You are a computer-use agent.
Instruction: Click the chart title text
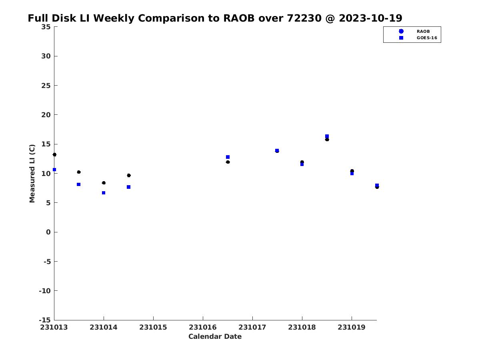point(215,18)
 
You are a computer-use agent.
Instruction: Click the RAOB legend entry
point(423,31)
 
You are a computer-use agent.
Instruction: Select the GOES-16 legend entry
point(426,38)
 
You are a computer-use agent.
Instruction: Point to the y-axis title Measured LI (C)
point(32,173)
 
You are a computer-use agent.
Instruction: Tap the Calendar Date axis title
point(215,336)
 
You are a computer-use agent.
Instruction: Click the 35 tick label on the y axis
point(46,27)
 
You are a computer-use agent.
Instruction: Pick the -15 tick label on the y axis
point(44,320)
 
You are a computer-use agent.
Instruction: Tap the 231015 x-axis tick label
point(153,327)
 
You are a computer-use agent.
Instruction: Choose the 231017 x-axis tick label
point(252,327)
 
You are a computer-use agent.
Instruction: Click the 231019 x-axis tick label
point(352,327)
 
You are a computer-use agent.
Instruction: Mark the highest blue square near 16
point(327,136)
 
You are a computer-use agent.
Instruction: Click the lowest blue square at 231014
point(104,193)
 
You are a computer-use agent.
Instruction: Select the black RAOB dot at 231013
point(54,154)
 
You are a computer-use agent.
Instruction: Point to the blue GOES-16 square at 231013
point(54,170)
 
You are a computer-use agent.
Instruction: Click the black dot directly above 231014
point(104,183)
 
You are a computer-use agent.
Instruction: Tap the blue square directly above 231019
point(352,174)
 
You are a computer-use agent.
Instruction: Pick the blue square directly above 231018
point(302,164)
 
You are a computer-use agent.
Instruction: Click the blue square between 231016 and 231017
point(228,157)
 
